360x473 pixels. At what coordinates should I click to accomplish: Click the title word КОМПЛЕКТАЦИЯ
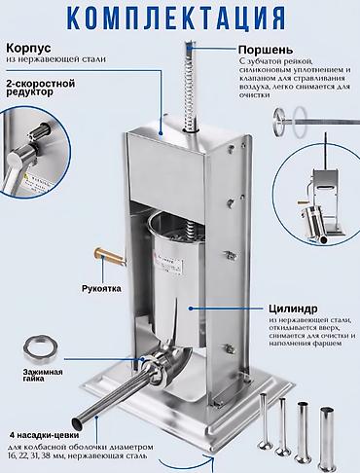(x=178, y=17)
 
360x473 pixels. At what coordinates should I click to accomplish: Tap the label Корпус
(x=28, y=49)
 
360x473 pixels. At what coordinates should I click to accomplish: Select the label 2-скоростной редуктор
(x=40, y=88)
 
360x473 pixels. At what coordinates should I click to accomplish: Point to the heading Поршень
(x=266, y=50)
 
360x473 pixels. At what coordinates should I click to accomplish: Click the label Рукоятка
(x=101, y=288)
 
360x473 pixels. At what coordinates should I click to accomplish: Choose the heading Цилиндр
(x=293, y=309)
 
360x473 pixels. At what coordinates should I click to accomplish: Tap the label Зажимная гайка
(x=43, y=376)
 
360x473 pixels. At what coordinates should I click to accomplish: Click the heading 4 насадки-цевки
(x=44, y=435)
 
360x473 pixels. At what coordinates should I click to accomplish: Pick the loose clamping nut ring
(x=40, y=348)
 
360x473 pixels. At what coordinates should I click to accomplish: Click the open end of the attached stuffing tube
(x=78, y=422)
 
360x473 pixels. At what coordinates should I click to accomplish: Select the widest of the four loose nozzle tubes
(x=327, y=438)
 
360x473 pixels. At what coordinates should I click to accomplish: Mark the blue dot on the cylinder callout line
(x=191, y=309)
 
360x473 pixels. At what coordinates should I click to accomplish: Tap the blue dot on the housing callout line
(x=161, y=132)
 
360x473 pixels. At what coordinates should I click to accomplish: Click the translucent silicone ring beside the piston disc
(x=300, y=121)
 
